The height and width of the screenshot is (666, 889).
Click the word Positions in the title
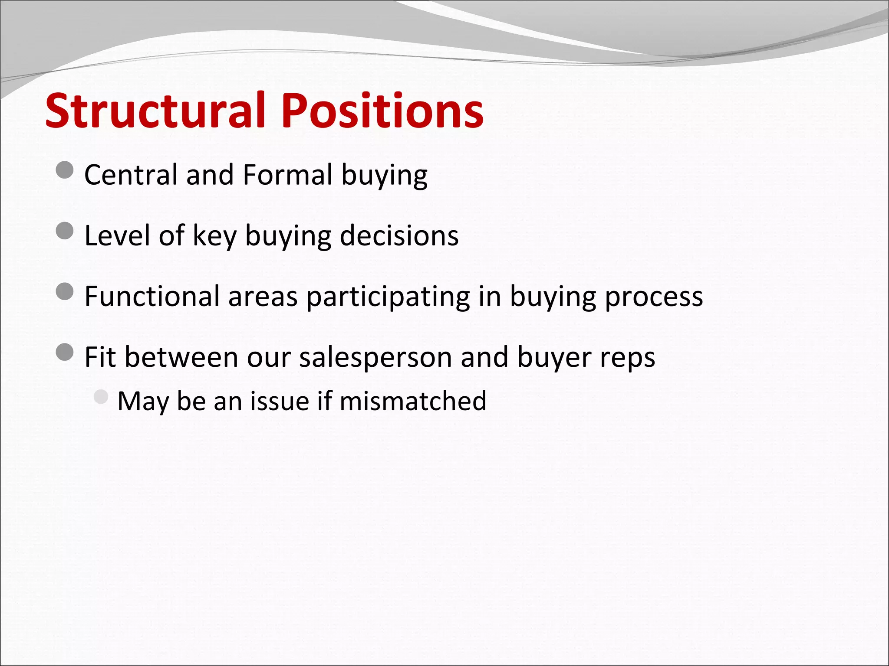(x=382, y=111)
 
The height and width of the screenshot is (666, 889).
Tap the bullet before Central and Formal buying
(x=65, y=170)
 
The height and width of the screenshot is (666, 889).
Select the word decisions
(x=399, y=235)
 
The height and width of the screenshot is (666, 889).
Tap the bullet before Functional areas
(x=65, y=291)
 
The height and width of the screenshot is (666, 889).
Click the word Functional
(x=152, y=296)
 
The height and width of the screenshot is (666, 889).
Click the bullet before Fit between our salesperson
(x=65, y=352)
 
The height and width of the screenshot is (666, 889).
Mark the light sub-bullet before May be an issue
(x=101, y=397)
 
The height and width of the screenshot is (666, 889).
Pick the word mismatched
(x=413, y=401)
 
